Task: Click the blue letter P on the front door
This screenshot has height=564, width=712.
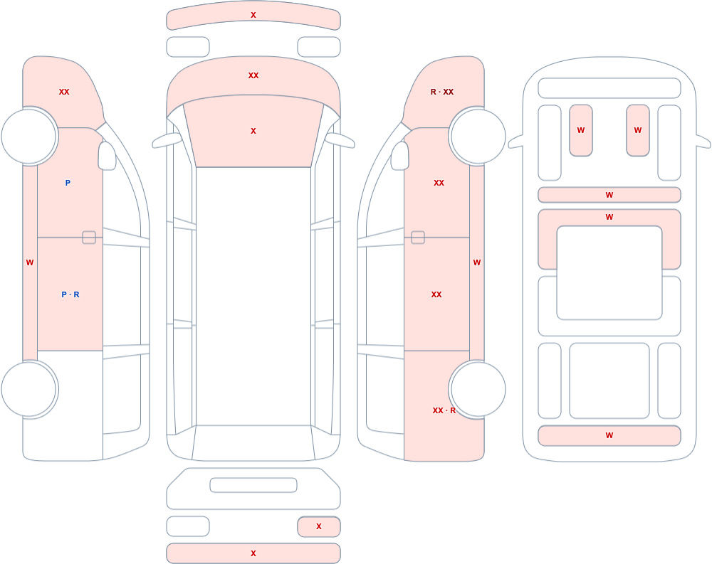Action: pyautogui.click(x=68, y=183)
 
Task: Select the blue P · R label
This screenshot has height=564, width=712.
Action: pyautogui.click(x=70, y=294)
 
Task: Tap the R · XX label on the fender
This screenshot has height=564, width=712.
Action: pyautogui.click(x=442, y=92)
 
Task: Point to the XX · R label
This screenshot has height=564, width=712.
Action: pyautogui.click(x=444, y=410)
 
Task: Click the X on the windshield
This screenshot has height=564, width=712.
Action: pyautogui.click(x=253, y=131)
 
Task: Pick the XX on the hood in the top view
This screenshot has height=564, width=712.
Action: pyautogui.click(x=253, y=75)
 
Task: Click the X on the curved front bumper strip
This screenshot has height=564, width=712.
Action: pyautogui.click(x=253, y=15)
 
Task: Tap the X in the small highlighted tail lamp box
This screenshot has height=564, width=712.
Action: pyautogui.click(x=319, y=526)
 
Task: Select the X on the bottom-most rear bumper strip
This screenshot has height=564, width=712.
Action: pyautogui.click(x=253, y=553)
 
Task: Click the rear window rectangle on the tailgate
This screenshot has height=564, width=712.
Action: pyautogui.click(x=253, y=485)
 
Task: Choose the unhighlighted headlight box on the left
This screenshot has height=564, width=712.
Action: pyautogui.click(x=188, y=47)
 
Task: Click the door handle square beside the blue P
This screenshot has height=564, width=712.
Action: pyautogui.click(x=89, y=238)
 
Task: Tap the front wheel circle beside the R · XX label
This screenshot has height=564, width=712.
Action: pyautogui.click(x=477, y=136)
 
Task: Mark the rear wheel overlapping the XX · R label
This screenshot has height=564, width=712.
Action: pyautogui.click(x=477, y=389)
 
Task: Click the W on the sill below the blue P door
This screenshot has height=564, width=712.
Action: pyautogui.click(x=30, y=262)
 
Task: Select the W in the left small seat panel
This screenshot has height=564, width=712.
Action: pyautogui.click(x=581, y=130)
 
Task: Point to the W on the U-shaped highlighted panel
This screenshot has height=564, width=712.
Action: pyautogui.click(x=609, y=217)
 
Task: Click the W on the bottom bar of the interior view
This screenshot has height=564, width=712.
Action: pyautogui.click(x=609, y=435)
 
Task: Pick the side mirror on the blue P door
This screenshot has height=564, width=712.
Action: pyautogui.click(x=107, y=156)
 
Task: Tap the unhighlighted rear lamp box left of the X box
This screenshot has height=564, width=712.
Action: pyautogui.click(x=188, y=526)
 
